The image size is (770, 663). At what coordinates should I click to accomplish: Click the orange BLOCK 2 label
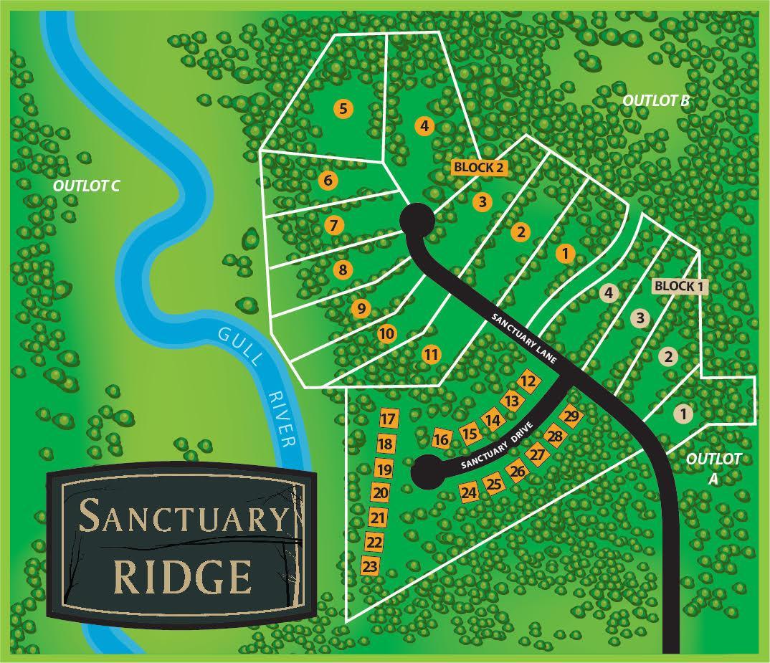coord(480,167)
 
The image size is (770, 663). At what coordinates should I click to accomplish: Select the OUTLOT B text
coord(655,101)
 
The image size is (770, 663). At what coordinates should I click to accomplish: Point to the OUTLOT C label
coord(85,186)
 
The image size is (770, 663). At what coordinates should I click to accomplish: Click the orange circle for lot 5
coord(343,109)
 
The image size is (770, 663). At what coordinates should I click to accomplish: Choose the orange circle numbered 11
coord(431,353)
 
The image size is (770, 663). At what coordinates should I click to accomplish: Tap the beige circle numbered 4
coord(608,293)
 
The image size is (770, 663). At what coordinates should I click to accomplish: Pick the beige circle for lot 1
coord(683,414)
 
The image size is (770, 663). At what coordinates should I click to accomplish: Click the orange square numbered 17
coord(388,419)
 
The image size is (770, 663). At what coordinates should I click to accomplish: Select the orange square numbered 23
coord(370,566)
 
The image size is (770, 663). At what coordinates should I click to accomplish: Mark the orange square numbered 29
coord(571,416)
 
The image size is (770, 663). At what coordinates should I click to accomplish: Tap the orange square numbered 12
coord(528,382)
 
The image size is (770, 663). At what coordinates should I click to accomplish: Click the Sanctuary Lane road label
coord(530,336)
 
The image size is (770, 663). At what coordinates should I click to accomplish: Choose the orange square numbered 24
coord(469,493)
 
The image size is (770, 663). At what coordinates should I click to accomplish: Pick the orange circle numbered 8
coord(343,270)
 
